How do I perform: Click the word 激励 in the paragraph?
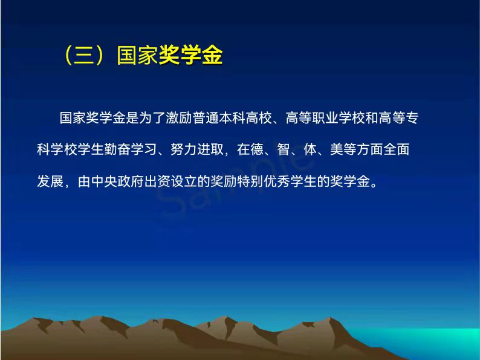(x=179, y=118)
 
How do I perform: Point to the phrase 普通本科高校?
(x=232, y=118)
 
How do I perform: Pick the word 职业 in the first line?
(x=325, y=118)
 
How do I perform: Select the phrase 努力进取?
(x=197, y=149)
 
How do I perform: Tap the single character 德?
(x=257, y=149)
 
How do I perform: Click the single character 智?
(x=284, y=149)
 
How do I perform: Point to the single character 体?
(x=310, y=149)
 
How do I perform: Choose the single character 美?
(x=337, y=149)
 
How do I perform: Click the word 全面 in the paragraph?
(x=397, y=149)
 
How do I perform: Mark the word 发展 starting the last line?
(x=50, y=181)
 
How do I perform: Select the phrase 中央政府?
(x=117, y=181)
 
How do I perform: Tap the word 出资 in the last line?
(x=157, y=181)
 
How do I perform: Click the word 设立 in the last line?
(x=184, y=181)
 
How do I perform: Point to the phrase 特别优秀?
(x=264, y=181)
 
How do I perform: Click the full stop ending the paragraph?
(x=374, y=185)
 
